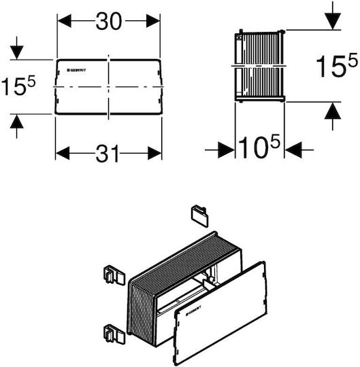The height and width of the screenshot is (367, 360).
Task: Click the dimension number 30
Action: [x=109, y=21]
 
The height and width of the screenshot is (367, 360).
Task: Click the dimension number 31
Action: [x=108, y=154]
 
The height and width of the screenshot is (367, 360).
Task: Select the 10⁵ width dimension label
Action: [x=259, y=147]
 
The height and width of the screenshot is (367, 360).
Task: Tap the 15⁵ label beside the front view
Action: [x=18, y=85]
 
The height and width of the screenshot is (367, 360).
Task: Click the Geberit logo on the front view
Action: [x=77, y=70]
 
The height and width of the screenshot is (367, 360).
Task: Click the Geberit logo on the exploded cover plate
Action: [x=193, y=311]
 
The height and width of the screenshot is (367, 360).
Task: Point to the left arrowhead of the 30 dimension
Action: [x=65, y=21]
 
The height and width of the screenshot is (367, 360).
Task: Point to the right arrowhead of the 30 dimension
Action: [x=153, y=21]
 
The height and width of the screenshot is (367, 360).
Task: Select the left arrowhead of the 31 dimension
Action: [x=63, y=154]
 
